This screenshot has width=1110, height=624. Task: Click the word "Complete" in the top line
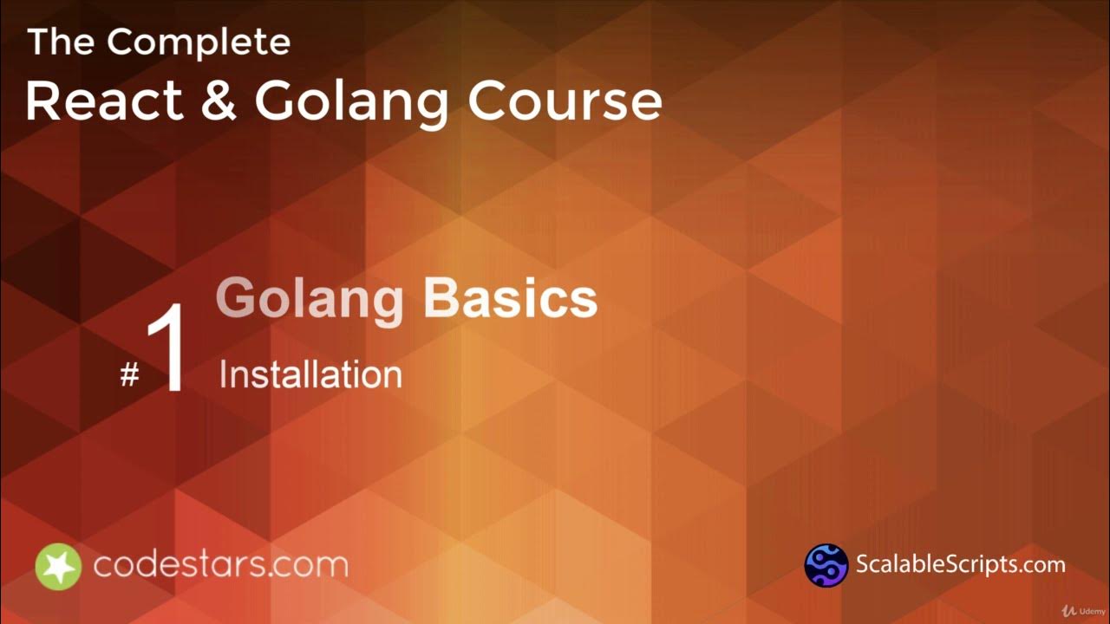(x=199, y=42)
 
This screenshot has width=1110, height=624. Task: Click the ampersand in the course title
(x=217, y=101)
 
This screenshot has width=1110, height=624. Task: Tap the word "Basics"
(x=510, y=298)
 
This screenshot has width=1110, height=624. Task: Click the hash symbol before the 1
(x=129, y=375)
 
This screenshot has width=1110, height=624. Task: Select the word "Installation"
(x=310, y=375)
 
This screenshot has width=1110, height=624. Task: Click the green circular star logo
(x=58, y=567)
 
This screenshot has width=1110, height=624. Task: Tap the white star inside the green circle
(x=58, y=567)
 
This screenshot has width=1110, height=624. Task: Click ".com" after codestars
(x=309, y=565)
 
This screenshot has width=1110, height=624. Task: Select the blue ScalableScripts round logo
(x=826, y=565)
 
